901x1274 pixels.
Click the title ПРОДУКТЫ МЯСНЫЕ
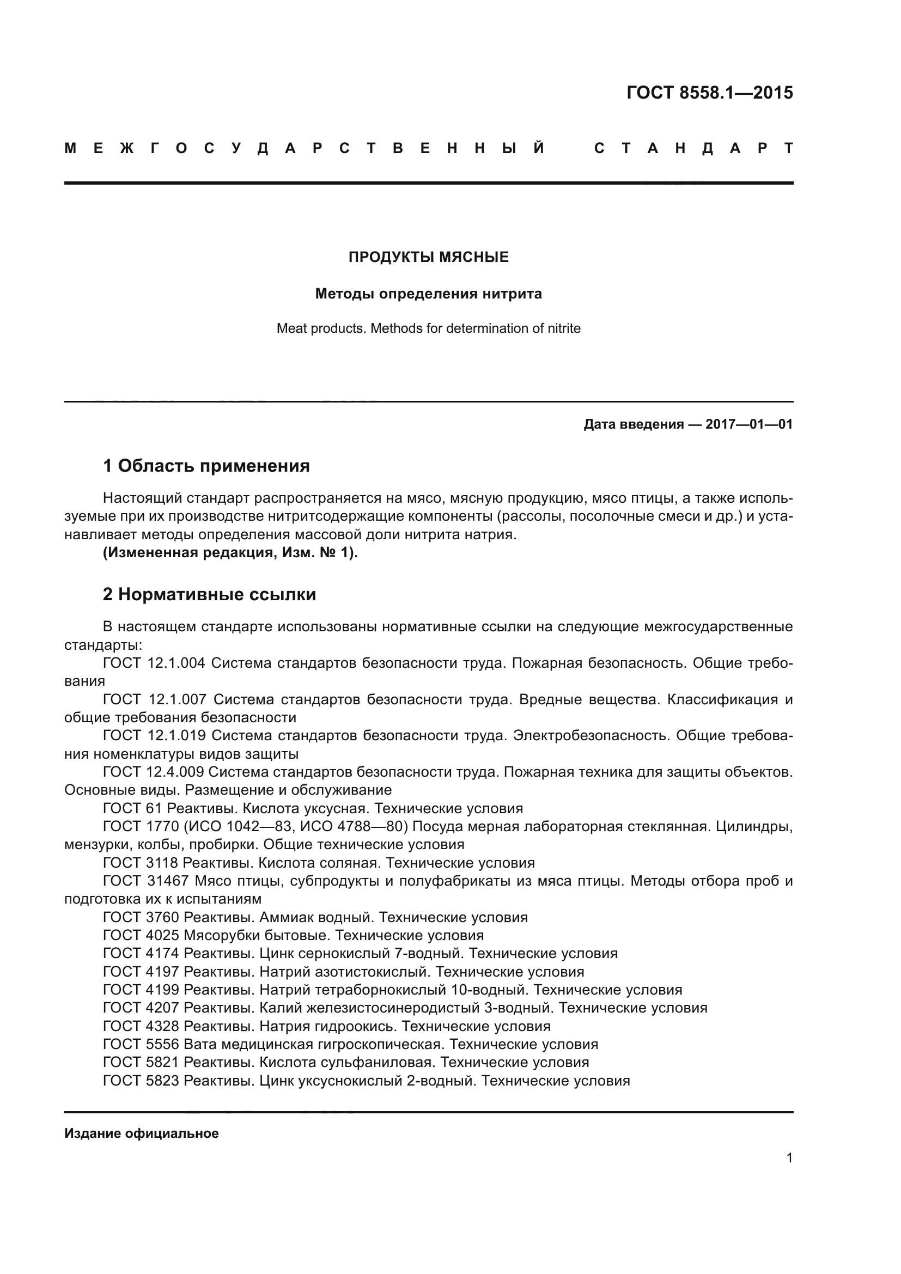click(428, 258)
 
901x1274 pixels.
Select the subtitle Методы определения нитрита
click(428, 294)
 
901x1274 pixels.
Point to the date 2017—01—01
click(748, 425)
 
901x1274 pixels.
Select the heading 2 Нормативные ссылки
click(209, 595)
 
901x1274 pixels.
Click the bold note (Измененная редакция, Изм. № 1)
click(230, 553)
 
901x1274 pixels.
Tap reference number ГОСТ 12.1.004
click(154, 663)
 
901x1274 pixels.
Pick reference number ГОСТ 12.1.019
click(154, 736)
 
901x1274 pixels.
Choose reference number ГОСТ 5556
click(141, 1044)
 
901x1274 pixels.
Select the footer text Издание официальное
click(142, 1133)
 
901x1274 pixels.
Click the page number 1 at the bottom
click(789, 1158)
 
